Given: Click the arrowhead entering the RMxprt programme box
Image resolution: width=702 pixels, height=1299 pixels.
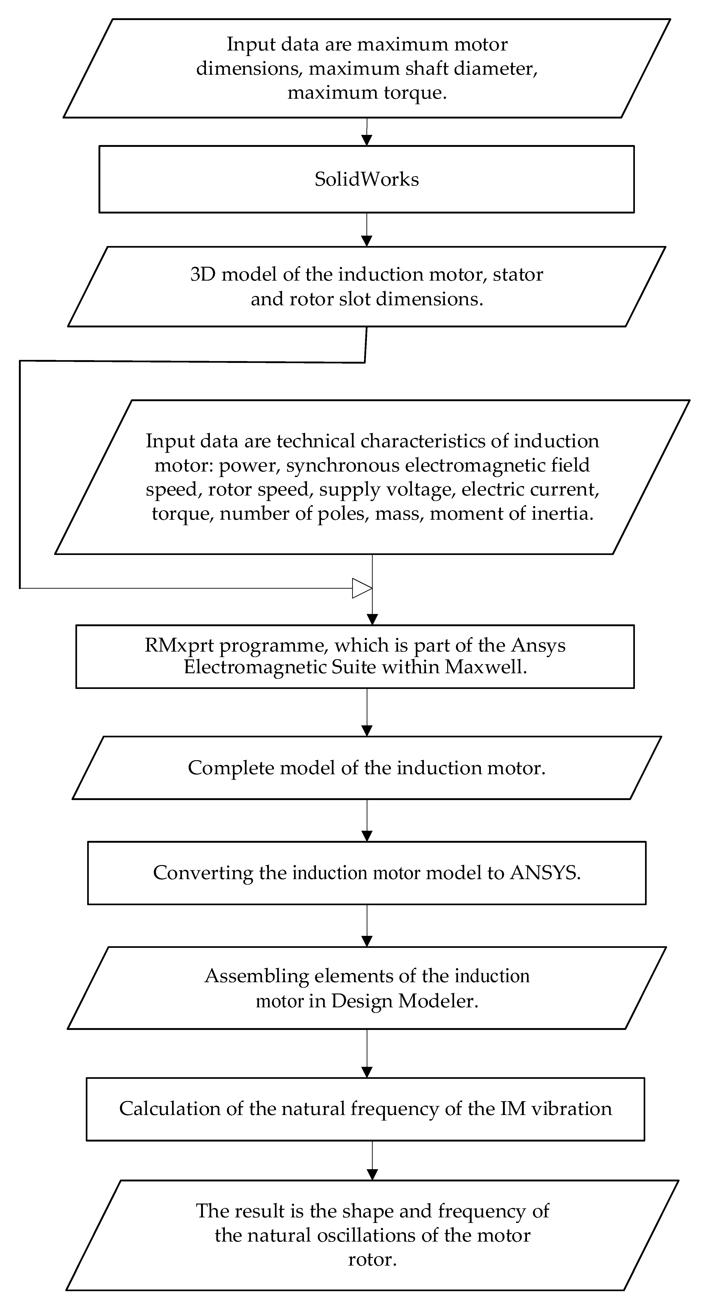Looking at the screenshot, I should (x=372, y=619).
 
